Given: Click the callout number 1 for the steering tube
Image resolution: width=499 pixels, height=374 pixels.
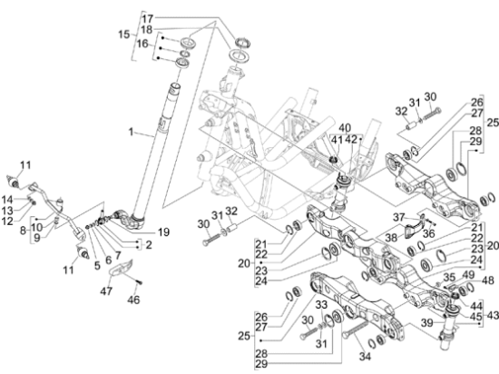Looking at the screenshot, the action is click(x=131, y=132).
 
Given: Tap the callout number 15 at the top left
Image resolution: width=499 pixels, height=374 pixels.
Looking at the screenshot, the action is click(x=124, y=34).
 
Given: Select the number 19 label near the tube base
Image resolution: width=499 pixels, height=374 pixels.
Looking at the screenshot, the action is click(x=163, y=232).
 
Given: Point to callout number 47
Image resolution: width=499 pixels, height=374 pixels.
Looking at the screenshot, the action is click(x=106, y=290).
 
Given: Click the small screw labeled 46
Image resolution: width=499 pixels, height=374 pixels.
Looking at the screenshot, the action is click(x=140, y=282).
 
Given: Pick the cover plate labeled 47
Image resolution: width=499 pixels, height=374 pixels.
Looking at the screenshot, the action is click(x=122, y=266).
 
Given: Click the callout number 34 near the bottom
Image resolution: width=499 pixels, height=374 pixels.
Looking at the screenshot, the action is click(x=365, y=357).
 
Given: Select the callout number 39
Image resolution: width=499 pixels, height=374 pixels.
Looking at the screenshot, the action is click(x=427, y=323).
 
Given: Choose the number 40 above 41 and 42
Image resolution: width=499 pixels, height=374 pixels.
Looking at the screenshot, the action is click(x=345, y=128).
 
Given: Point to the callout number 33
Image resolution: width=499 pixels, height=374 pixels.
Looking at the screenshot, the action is click(x=321, y=305).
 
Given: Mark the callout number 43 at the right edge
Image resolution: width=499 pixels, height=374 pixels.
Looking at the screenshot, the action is click(x=493, y=316).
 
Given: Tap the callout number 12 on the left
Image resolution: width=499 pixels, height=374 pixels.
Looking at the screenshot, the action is click(x=7, y=221).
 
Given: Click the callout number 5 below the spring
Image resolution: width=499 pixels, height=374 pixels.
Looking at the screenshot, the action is click(x=97, y=265).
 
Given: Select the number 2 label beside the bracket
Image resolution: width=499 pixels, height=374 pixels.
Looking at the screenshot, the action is click(x=148, y=245).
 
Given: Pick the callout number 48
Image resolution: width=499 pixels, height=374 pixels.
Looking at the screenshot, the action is click(x=488, y=280).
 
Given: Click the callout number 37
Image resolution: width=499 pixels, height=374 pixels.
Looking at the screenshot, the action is click(x=398, y=218).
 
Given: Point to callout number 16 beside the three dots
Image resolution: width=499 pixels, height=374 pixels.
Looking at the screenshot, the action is click(x=142, y=44).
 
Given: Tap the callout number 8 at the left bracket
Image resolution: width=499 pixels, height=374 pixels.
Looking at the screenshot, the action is click(x=23, y=231).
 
